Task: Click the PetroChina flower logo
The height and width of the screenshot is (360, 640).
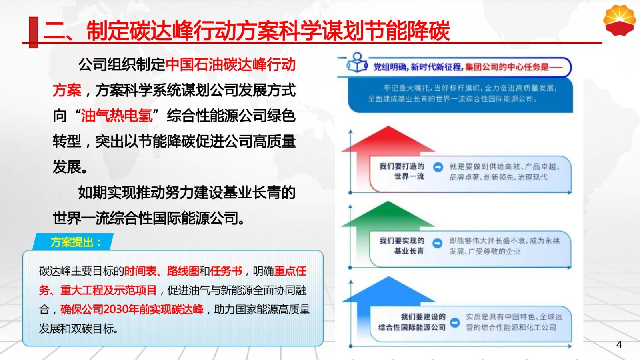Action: tap(620, 20)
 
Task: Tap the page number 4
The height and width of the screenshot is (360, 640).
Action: tap(619, 344)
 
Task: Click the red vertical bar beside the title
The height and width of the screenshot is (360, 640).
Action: tap(34, 32)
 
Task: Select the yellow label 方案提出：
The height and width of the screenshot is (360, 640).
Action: tap(76, 242)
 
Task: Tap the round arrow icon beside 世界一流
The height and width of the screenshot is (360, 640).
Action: tap(438, 167)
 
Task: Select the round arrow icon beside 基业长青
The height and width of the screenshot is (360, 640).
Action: tap(437, 244)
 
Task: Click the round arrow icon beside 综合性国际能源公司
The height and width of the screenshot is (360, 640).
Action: tap(455, 322)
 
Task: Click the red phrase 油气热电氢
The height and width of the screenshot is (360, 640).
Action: tap(116, 116)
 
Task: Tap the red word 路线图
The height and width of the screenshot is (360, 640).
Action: tap(183, 271)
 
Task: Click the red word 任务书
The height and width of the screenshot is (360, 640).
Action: tap(226, 271)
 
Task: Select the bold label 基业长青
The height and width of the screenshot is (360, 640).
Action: tap(409, 251)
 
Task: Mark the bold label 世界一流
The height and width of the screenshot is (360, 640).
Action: tap(409, 176)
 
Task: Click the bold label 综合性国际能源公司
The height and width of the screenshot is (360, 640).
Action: tap(412, 328)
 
